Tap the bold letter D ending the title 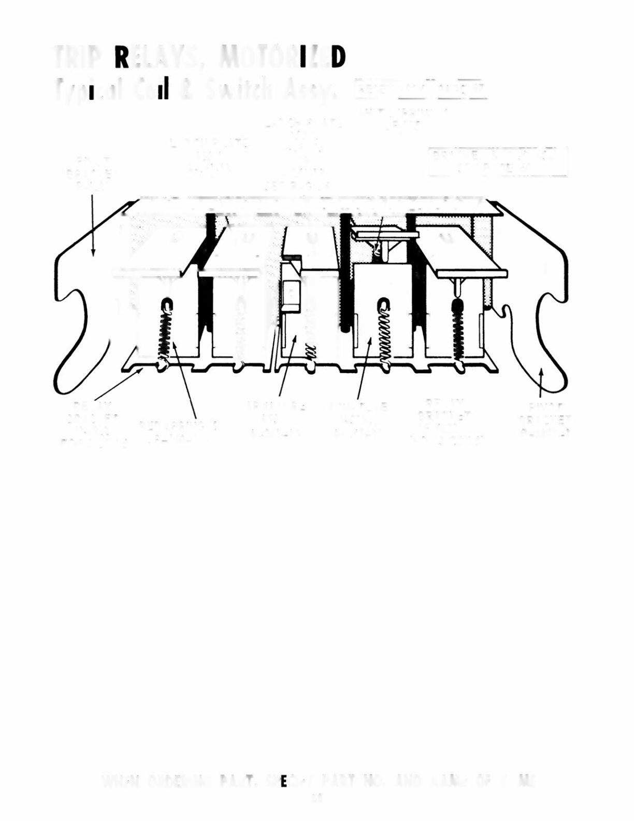click(338, 58)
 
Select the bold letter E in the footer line click(283, 782)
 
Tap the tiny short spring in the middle click(309, 350)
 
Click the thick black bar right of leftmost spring click(206, 306)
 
